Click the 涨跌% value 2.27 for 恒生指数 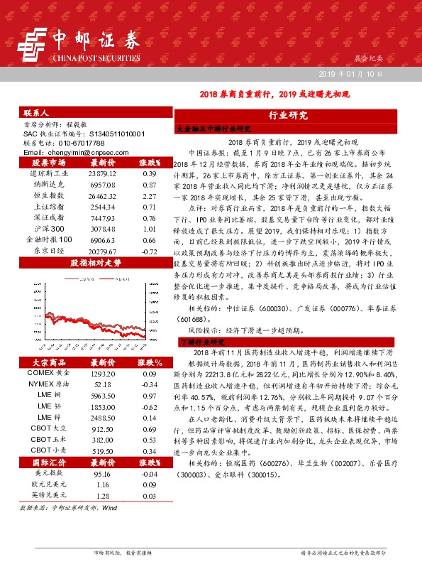pos(149,195)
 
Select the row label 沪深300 pos(49,229)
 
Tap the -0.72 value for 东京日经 pos(149,251)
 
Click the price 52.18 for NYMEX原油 pos(102,384)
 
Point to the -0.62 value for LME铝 pos(149,407)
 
